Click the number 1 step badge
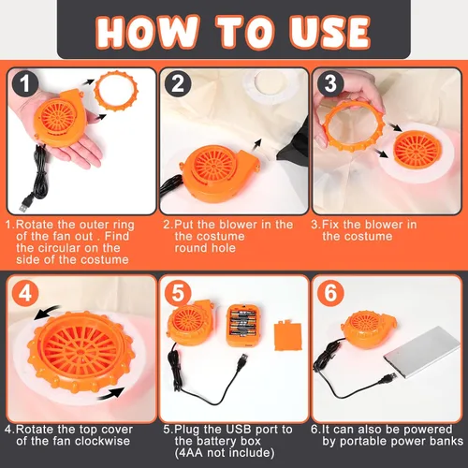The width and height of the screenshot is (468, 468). click(x=25, y=83)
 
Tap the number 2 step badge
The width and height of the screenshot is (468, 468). click(x=178, y=83)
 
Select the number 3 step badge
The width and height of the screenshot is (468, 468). click(x=330, y=83)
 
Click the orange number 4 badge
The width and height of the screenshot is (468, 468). click(x=25, y=293)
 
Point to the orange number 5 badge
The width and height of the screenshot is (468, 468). click(x=178, y=293)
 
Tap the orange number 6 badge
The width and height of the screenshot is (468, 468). click(x=330, y=293)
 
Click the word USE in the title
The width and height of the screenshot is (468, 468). click(x=329, y=32)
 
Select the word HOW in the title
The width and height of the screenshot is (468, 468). click(x=147, y=32)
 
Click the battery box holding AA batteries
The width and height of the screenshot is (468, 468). click(x=241, y=326)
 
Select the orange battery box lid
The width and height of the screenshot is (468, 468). click(x=287, y=335)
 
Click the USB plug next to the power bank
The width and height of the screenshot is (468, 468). click(x=388, y=378)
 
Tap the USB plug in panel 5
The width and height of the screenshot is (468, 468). click(x=242, y=362)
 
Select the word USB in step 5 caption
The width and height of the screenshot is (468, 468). click(x=229, y=430)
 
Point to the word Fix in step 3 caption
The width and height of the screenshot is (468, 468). click(x=331, y=225)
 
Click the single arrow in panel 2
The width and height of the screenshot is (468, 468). click(x=256, y=147)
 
